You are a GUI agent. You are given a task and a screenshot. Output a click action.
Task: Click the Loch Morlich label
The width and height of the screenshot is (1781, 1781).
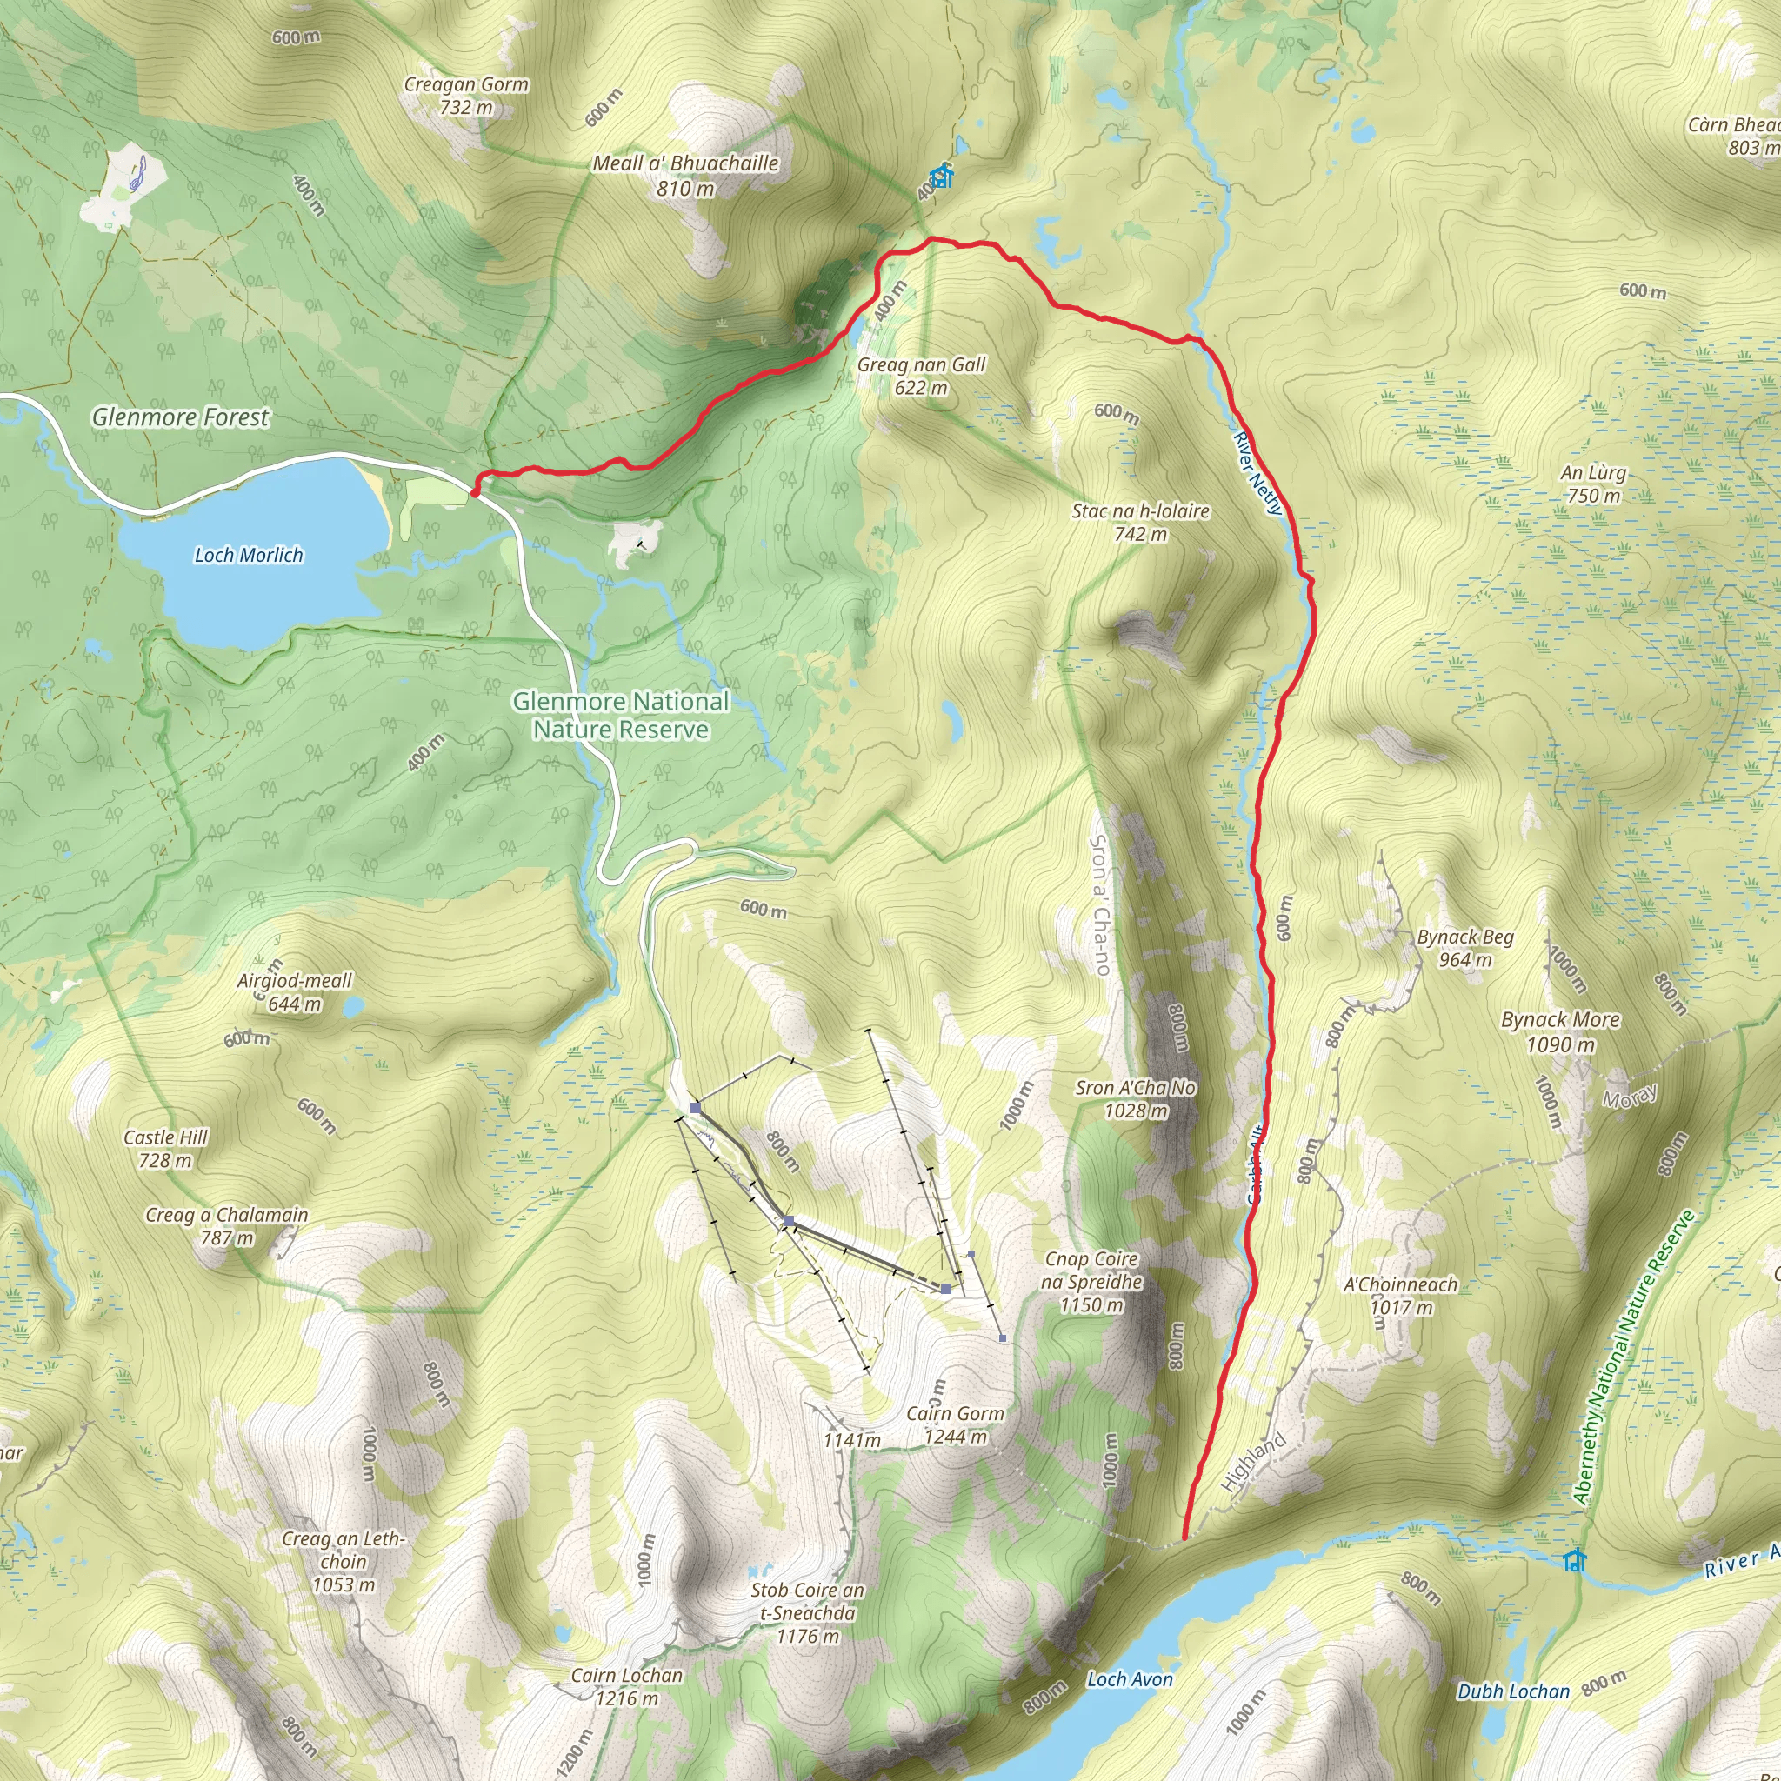248,555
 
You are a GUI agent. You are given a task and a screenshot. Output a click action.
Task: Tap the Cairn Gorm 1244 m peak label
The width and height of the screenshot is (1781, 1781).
955,1424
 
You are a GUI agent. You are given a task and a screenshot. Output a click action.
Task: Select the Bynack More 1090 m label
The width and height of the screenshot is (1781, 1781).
1561,1031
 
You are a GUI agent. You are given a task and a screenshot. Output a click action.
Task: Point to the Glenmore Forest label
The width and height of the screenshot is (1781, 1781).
181,417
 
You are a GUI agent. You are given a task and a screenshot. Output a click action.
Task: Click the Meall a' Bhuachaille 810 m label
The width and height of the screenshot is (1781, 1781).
686,175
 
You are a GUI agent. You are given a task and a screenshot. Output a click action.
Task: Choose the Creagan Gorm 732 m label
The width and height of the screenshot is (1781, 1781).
466,95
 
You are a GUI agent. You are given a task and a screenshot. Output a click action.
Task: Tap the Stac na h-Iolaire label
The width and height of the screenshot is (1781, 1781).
1140,522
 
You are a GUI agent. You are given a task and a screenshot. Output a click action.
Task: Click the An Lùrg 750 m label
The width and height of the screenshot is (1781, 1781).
1594,484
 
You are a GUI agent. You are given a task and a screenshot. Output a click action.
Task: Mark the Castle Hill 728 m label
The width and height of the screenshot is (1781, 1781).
166,1149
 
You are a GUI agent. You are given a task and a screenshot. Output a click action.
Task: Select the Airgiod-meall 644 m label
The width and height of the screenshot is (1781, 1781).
295,992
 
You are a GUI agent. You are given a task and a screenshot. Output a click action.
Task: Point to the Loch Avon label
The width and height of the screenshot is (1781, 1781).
1131,1679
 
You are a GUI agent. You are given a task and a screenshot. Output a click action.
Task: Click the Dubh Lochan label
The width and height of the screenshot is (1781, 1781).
1514,1691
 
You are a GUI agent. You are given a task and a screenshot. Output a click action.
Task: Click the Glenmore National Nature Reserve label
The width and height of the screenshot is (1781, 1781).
621,716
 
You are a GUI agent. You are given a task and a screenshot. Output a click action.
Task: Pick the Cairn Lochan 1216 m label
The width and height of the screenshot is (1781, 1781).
627,1687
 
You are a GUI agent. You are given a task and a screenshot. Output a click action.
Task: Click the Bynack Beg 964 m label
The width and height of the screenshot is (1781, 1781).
1465,948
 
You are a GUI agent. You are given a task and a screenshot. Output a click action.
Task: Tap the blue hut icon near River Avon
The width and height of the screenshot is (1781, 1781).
1576,1561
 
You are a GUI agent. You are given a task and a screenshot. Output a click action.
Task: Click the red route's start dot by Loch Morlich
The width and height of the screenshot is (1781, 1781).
476,492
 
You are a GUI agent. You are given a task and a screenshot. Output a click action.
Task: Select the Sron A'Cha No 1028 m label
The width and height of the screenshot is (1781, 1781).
1136,1099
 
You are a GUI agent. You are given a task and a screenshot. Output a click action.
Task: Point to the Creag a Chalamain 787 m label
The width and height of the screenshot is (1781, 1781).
227,1226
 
